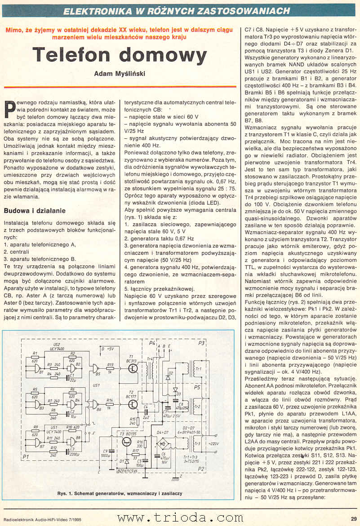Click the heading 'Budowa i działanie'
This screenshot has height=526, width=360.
pos(35,211)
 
